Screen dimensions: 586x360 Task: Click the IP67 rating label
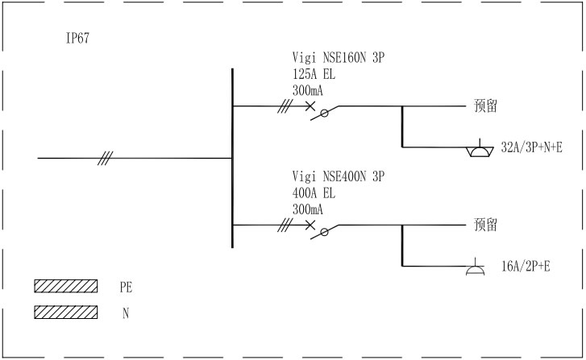[x=77, y=38]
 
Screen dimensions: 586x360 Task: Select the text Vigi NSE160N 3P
[x=339, y=57]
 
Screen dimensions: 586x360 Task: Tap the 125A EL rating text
[x=314, y=74]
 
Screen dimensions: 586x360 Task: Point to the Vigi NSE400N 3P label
[x=339, y=176]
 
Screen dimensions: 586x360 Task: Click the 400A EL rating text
[x=314, y=193]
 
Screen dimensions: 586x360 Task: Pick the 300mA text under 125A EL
[x=308, y=90]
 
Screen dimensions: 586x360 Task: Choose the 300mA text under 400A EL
[x=308, y=209]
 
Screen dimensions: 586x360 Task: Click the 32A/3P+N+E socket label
[x=531, y=147]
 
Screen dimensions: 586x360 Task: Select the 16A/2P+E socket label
[x=526, y=267]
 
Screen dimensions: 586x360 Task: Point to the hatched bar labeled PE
[x=66, y=286]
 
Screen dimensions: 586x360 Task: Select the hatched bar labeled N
[x=66, y=312]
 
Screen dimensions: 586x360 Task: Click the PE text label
[x=126, y=288]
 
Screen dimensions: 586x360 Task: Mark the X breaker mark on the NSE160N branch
[x=310, y=106]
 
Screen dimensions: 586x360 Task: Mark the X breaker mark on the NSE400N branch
[x=310, y=225]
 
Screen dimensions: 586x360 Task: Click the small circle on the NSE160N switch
[x=324, y=113]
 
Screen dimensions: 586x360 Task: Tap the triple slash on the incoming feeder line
[x=106, y=158]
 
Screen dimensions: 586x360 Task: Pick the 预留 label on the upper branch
[x=485, y=106]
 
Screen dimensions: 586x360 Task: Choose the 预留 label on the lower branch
[x=485, y=225]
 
